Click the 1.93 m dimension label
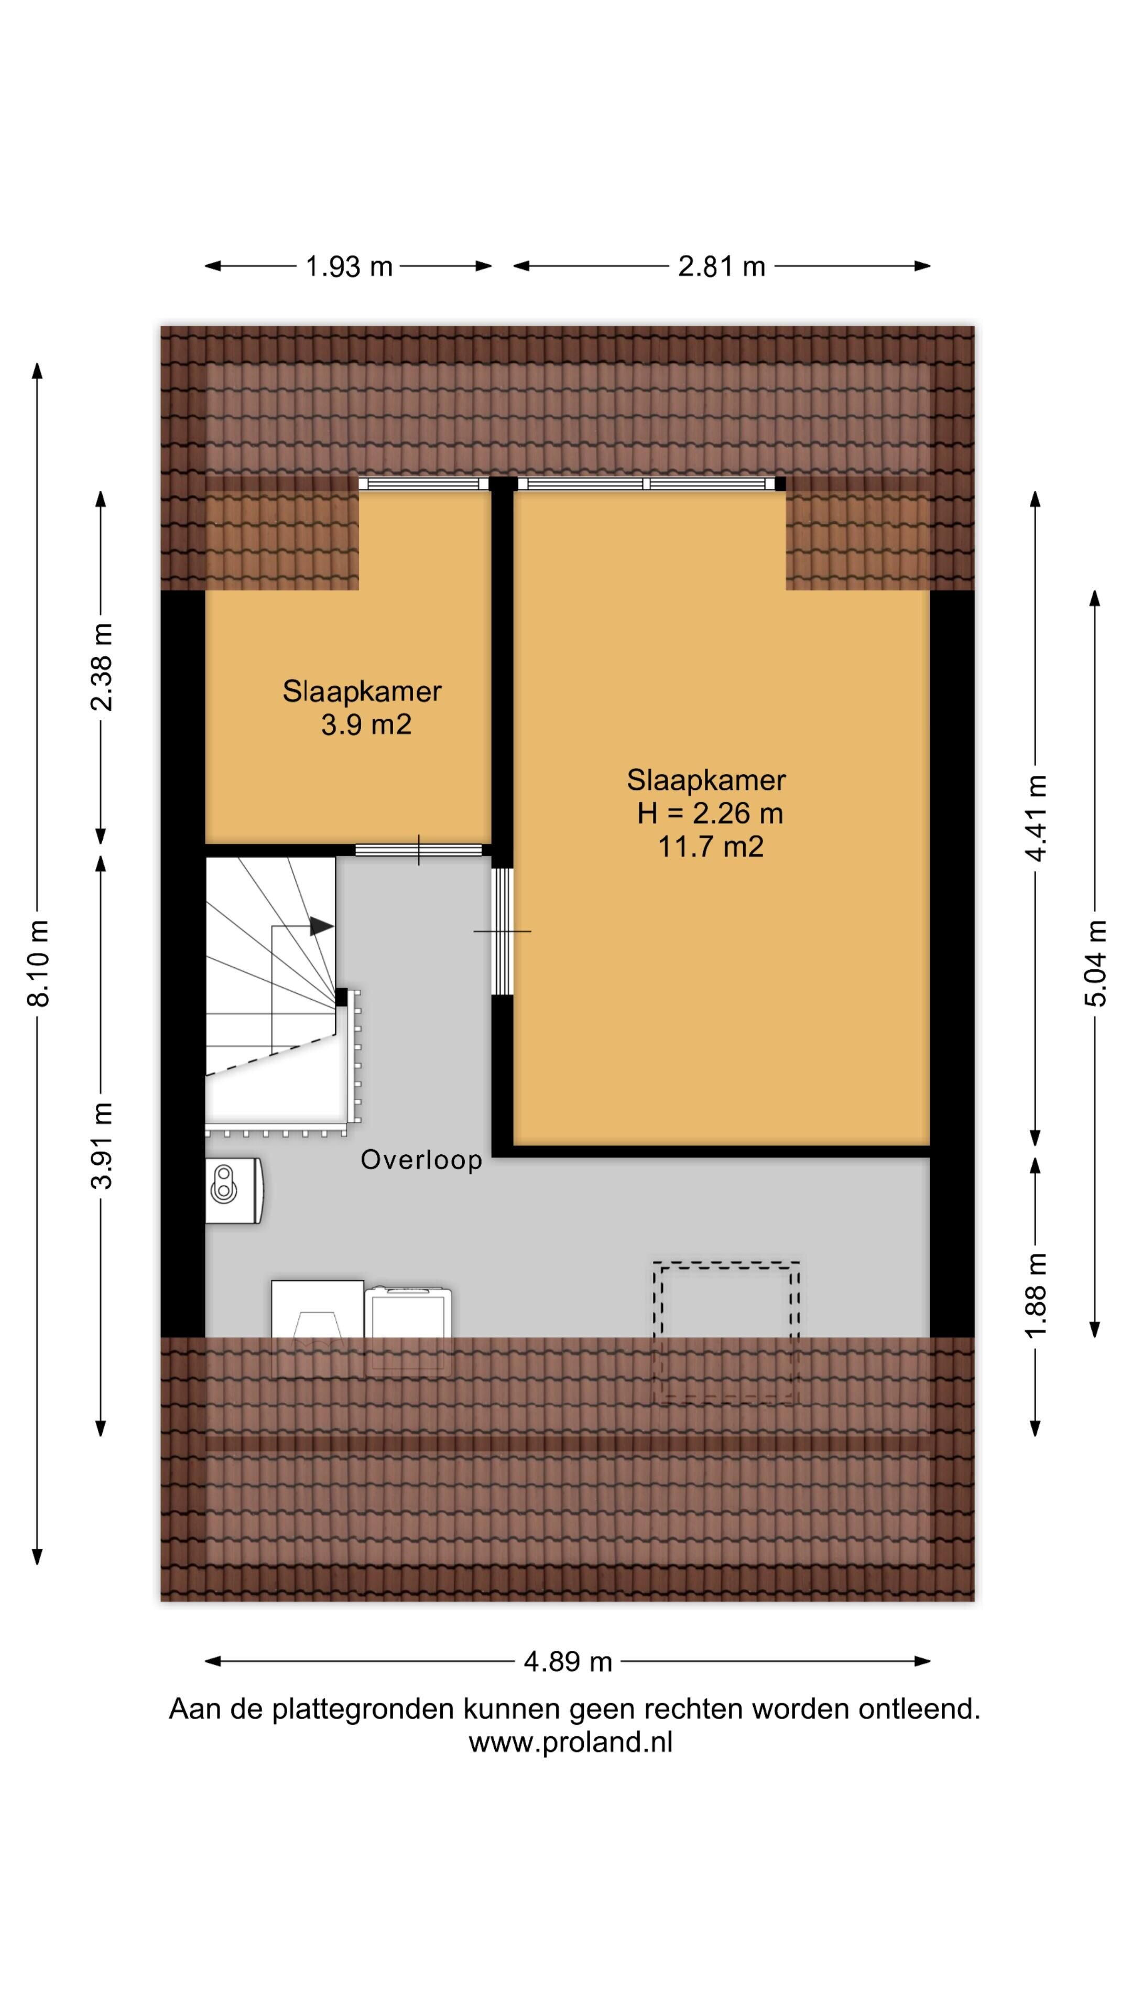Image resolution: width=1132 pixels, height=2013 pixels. (349, 266)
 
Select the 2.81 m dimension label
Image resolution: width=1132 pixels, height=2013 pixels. (721, 266)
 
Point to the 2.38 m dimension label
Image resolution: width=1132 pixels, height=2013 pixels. (102, 667)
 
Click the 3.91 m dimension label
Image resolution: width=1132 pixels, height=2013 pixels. (102, 1145)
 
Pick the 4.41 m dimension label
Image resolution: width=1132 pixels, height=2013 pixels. (1036, 818)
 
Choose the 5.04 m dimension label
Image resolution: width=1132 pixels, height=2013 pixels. (1095, 963)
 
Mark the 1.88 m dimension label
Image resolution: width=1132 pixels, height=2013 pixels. (1036, 1295)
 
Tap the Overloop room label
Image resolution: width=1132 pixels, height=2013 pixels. (421, 1160)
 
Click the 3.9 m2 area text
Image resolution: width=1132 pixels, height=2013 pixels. (366, 725)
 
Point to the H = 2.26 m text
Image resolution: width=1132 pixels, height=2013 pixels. (710, 814)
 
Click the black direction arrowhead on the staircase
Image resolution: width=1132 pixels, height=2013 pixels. (321, 926)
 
